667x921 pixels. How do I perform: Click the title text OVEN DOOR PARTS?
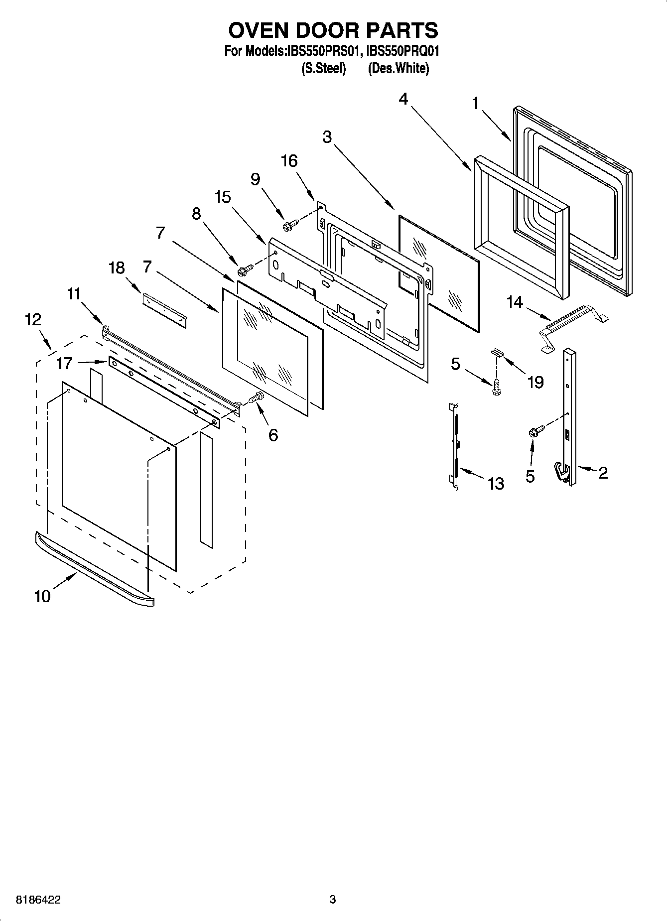(x=333, y=30)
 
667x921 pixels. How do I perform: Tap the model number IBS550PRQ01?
(x=403, y=51)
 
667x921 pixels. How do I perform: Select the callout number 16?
(x=289, y=161)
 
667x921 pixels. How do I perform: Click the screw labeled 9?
(x=289, y=225)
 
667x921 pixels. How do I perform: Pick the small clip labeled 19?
(x=497, y=352)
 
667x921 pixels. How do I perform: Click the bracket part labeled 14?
(x=573, y=327)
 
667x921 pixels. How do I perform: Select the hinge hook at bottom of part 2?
(x=562, y=472)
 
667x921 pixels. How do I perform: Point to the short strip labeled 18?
(x=164, y=310)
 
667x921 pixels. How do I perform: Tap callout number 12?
(x=33, y=319)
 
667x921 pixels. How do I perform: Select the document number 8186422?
(x=38, y=900)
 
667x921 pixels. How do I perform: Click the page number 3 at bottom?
(x=333, y=900)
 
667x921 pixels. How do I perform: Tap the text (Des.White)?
(x=398, y=68)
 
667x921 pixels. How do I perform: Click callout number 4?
(x=403, y=99)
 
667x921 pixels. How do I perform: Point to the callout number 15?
(x=223, y=197)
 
